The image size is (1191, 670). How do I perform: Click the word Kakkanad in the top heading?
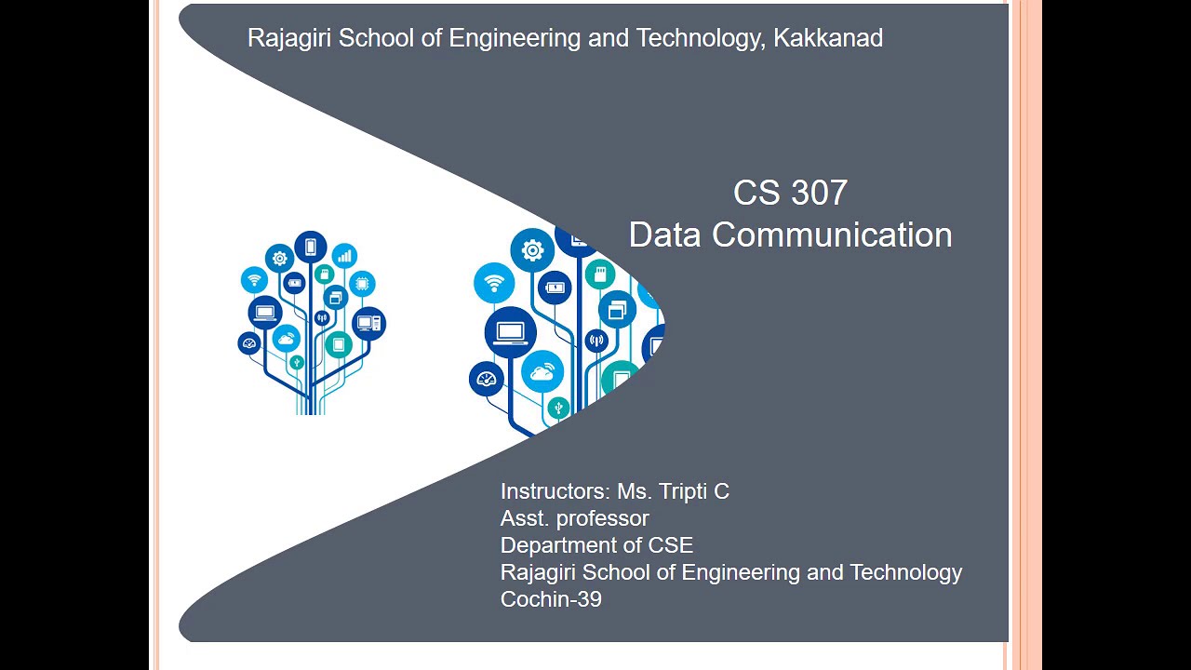click(x=828, y=38)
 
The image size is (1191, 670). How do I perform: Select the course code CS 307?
click(x=790, y=193)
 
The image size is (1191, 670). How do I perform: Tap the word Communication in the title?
click(x=832, y=234)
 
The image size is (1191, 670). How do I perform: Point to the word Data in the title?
click(x=665, y=234)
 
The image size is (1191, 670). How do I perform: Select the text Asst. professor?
click(x=574, y=518)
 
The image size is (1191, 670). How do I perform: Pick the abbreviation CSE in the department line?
click(x=672, y=545)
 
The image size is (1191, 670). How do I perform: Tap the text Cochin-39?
click(x=551, y=599)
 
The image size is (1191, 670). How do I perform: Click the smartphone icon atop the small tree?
click(x=311, y=248)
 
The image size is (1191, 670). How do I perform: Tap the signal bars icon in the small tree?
click(x=344, y=255)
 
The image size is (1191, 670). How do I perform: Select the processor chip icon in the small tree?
click(x=362, y=283)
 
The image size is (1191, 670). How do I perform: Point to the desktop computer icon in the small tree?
click(x=369, y=324)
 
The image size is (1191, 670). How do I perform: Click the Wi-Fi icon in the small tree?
click(x=254, y=279)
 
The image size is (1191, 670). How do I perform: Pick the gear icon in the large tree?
click(x=532, y=250)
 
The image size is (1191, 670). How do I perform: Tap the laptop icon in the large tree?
click(x=510, y=332)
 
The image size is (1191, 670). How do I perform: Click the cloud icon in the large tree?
click(x=542, y=373)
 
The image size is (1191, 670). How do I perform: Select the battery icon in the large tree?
click(x=554, y=288)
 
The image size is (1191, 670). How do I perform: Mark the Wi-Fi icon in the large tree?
click(x=494, y=283)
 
